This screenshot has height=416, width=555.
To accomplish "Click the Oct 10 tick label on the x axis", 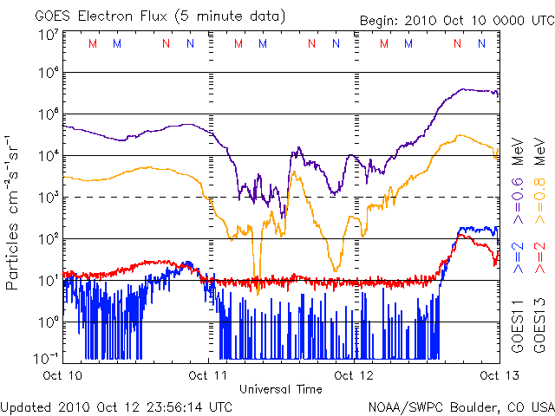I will tap(62, 375).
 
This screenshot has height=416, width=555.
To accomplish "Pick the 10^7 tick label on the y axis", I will tap(47, 35).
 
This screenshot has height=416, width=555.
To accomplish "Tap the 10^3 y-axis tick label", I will tap(47, 197).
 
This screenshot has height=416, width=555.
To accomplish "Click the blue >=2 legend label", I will tap(519, 258).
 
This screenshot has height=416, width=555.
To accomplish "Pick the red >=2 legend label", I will tap(539, 258).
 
